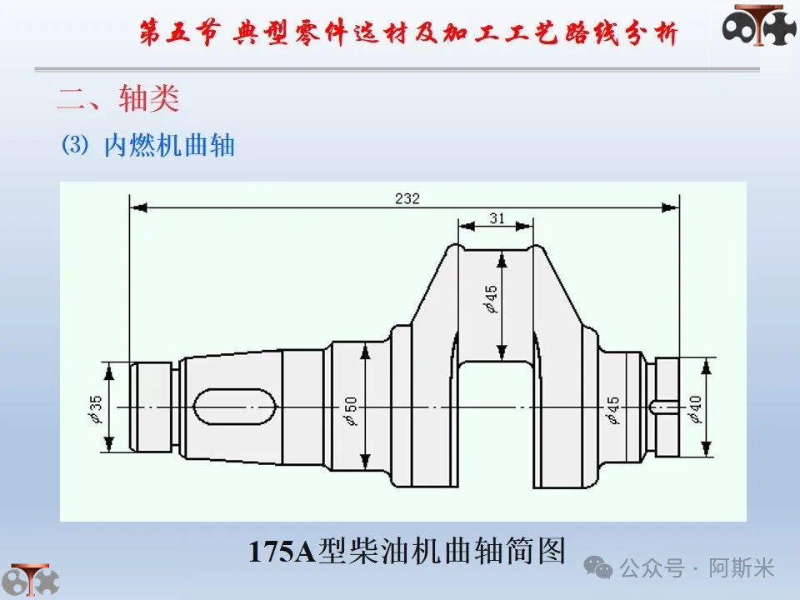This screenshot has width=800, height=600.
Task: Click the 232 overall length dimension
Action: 407,198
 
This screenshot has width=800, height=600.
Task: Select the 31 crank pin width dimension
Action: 497,218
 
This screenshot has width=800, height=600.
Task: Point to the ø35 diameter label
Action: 95,409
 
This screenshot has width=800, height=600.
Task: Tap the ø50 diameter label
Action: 351,411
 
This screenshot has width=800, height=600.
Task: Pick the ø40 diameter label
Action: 695,409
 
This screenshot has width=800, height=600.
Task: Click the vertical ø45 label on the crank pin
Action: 490,298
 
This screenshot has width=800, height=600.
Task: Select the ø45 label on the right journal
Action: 612,411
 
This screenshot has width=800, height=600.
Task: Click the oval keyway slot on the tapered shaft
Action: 235,407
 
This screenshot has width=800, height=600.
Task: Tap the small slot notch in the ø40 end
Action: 664,407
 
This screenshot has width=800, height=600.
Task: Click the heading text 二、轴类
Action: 118,98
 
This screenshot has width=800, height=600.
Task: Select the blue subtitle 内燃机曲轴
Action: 169,145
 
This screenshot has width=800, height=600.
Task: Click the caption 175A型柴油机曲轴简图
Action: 407,551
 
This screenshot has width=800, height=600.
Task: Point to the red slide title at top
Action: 409,32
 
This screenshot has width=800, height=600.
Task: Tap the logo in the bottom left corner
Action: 31,580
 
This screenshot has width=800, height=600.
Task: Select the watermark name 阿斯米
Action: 742,567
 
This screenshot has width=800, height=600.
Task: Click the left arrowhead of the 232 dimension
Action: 138,207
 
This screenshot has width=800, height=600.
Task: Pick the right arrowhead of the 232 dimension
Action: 670,207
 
